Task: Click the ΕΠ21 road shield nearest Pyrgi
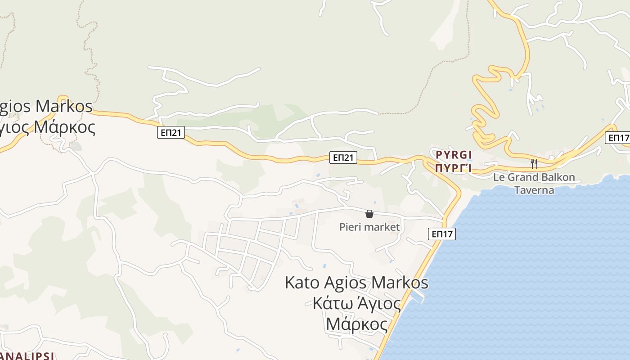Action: click(x=343, y=157)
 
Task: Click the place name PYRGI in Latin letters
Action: click(x=454, y=155)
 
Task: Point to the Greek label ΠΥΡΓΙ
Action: click(x=453, y=168)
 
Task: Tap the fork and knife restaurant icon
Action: click(x=534, y=163)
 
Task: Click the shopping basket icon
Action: click(x=369, y=214)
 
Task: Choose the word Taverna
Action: click(x=534, y=190)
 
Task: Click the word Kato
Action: click(x=302, y=283)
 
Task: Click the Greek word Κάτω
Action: click(x=330, y=304)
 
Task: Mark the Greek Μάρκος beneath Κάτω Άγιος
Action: click(x=356, y=324)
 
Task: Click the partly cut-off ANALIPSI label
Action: click(x=27, y=356)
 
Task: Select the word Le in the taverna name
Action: click(x=499, y=177)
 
